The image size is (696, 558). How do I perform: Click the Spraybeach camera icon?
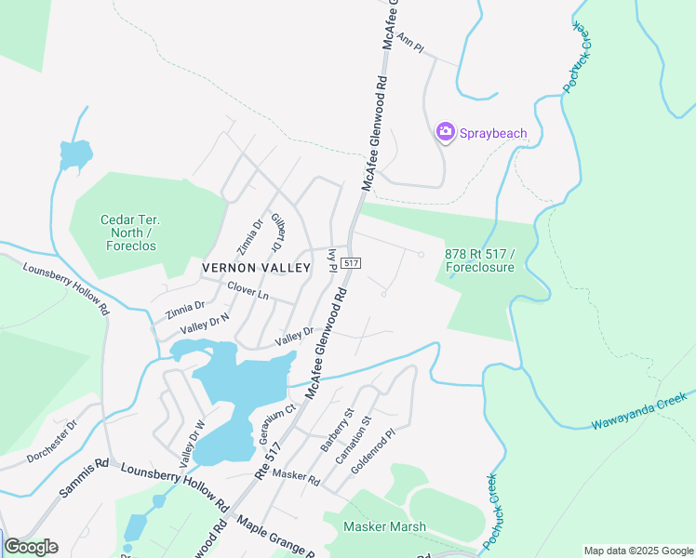[x=446, y=132]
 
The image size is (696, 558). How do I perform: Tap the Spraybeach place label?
[x=493, y=133]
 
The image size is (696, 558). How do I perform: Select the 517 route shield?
[x=351, y=264]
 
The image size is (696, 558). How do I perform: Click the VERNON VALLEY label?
[x=255, y=268]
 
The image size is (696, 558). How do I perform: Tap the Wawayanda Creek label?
[x=638, y=411]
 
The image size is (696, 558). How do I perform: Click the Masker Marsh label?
[x=384, y=526]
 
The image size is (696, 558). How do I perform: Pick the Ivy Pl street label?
[x=331, y=260]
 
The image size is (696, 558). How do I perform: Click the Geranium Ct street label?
[x=276, y=423]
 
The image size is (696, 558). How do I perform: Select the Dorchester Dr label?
[x=52, y=440]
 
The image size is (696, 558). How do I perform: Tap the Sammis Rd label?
[x=84, y=475]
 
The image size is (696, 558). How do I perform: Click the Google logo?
[x=31, y=547]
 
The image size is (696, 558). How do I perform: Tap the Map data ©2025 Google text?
[x=636, y=551]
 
